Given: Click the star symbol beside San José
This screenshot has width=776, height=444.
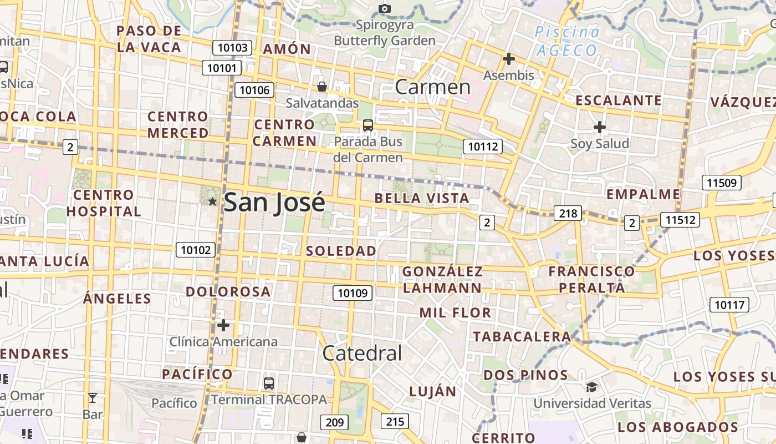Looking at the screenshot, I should point(212,201).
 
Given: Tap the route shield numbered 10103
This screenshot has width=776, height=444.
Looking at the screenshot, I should point(233,48).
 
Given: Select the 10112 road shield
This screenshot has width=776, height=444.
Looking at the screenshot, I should point(483,147).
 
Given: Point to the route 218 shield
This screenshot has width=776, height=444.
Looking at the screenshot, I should point(568,213).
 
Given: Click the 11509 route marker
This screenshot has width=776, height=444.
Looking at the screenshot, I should point(721,183).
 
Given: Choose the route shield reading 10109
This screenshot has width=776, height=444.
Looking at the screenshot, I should point(353,292).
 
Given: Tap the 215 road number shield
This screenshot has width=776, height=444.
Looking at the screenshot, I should point(395,421).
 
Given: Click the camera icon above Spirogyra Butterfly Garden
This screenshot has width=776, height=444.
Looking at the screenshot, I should point(384,8).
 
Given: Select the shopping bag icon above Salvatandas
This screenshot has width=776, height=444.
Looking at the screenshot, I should point(321,87).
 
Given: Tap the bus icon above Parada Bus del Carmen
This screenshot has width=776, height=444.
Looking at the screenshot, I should point(367,125).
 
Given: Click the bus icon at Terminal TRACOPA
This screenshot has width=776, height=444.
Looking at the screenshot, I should point(269,383).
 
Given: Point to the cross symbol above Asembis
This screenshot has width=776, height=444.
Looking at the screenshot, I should point(508,59).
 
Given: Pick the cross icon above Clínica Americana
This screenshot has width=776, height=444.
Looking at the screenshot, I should point(223,325).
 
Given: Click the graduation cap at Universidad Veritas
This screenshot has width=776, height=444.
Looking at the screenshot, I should point(592,387).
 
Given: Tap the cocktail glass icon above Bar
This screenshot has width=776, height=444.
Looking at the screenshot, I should point(93,398).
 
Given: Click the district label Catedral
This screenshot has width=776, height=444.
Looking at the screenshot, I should point(362,353).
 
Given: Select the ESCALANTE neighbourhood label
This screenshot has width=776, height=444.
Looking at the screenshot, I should point(619,100).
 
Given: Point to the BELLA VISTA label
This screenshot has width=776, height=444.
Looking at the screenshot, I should point(422,198).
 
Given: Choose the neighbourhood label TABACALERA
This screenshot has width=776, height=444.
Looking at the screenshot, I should point(522,336).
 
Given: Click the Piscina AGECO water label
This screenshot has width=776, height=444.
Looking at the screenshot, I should point(567,42).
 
